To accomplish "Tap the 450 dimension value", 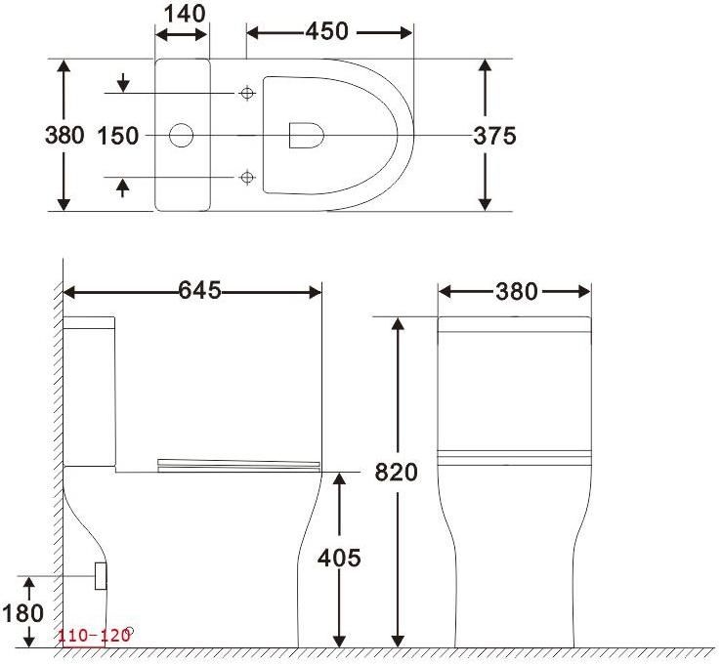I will tap(326, 31).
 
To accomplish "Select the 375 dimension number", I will tap(495, 136).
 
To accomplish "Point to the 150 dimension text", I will tap(117, 136).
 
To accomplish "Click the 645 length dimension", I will tap(199, 291).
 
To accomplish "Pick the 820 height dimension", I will tap(396, 473).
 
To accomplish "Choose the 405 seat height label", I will tap(339, 558).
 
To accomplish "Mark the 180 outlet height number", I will tap(23, 613).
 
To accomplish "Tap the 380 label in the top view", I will tap(64, 136).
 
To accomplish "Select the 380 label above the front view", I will tap(517, 291).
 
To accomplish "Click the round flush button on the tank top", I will tap(182, 135).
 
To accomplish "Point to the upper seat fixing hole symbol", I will tap(247, 93).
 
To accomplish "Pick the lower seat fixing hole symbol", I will tap(247, 177).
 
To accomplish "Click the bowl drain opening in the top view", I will tap(306, 135).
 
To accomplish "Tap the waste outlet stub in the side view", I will tap(100, 575).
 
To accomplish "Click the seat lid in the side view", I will tap(238, 461).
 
